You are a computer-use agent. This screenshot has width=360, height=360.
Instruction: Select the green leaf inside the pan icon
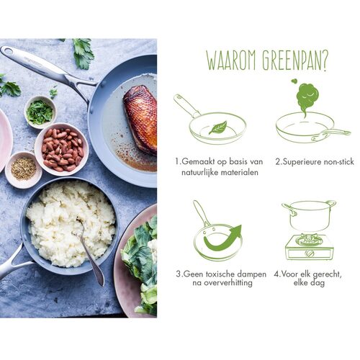tap(218, 127)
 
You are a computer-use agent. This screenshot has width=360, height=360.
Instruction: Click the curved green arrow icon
tap(222, 238)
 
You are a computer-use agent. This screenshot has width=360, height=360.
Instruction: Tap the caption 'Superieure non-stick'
tap(315, 161)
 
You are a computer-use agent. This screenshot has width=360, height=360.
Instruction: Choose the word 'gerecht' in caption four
tap(325, 274)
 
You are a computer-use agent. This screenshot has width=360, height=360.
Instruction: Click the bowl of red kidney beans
tap(62, 149)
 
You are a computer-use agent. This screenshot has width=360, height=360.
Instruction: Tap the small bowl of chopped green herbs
tap(40, 112)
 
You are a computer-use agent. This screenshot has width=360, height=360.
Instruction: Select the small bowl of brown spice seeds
tap(23, 170)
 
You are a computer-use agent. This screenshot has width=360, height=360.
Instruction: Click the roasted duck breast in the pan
tap(141, 119)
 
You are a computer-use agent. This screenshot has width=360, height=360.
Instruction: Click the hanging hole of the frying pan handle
tap(8, 51)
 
